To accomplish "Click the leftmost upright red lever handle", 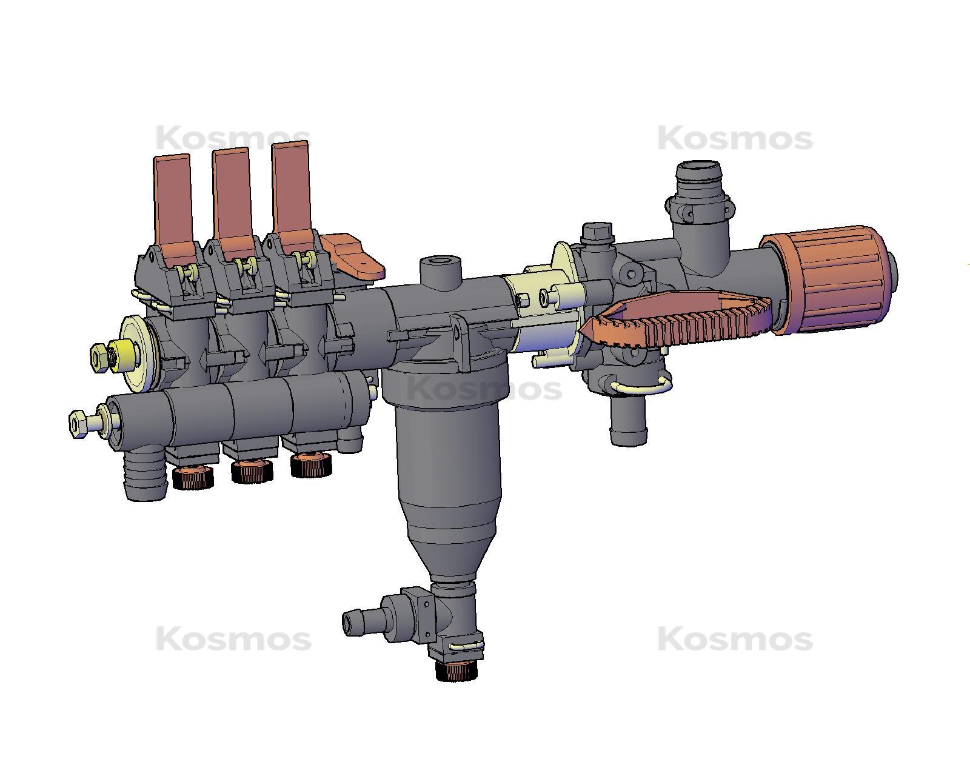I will pos(173,200).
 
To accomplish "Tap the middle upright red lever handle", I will pos(232,194).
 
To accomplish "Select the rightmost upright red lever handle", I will pos(291,188).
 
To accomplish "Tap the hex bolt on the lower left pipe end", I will pos(78,423).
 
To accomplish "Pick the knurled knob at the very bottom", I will pos(457,670).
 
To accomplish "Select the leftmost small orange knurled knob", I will pos(192,478).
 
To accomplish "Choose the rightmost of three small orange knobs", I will pos(311,466).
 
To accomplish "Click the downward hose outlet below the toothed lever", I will pos(628,421).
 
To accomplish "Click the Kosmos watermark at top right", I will pos(735,139).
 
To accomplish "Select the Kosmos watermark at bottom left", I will pos(233,639).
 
